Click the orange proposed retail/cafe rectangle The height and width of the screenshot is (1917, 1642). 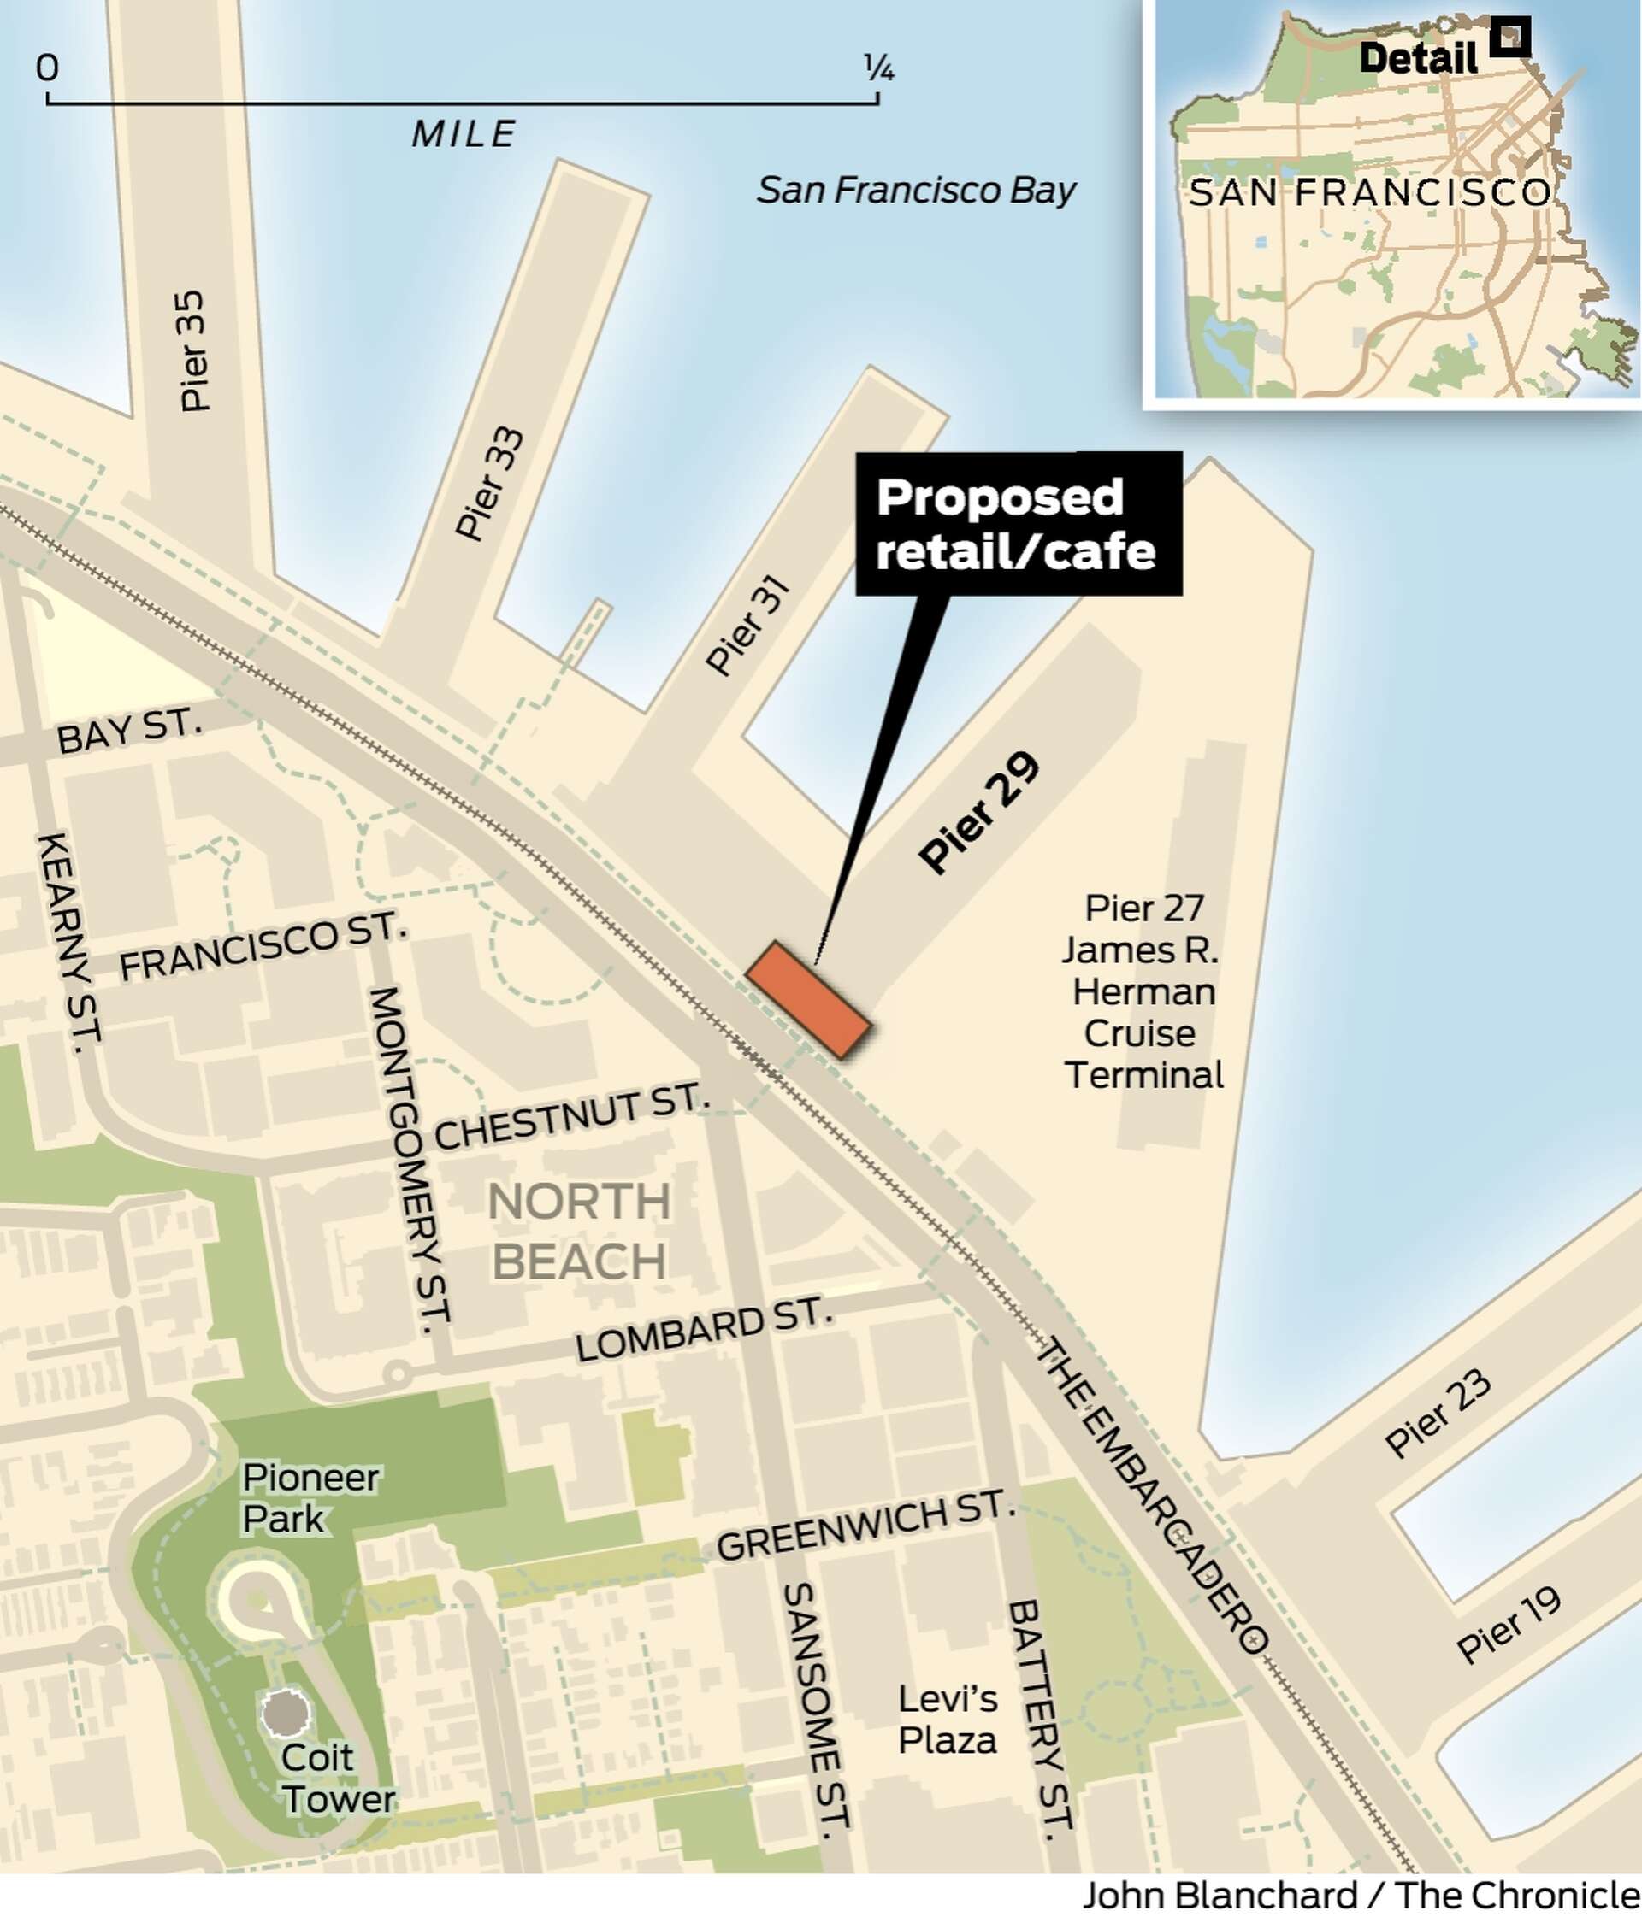point(808,999)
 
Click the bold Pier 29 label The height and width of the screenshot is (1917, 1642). point(979,811)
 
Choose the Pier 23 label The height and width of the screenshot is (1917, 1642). point(1438,1413)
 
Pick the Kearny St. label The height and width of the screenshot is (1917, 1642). point(68,941)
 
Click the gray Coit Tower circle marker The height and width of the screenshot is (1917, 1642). point(285,1713)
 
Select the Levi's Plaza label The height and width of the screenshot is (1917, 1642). point(948,1719)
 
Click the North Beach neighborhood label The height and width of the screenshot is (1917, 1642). point(578,1232)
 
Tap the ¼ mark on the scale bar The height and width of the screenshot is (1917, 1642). point(878,68)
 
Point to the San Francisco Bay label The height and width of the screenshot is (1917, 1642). point(915,190)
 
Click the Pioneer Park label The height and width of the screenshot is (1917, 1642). point(309,1498)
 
